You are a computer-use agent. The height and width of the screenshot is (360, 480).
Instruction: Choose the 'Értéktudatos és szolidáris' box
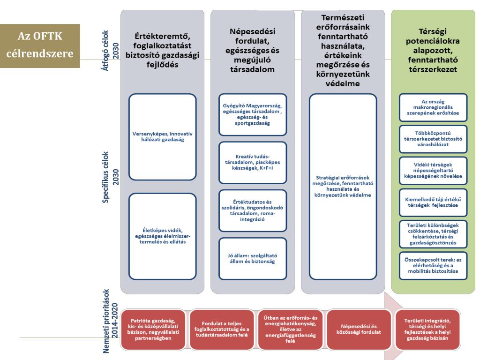tap(252, 210)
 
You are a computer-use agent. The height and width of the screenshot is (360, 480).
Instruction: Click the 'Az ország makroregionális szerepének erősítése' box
tap(433, 107)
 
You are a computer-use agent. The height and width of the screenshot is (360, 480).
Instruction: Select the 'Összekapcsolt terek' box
tap(433, 265)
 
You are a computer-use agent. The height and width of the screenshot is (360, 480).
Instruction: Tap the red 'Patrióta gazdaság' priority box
tap(152, 328)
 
